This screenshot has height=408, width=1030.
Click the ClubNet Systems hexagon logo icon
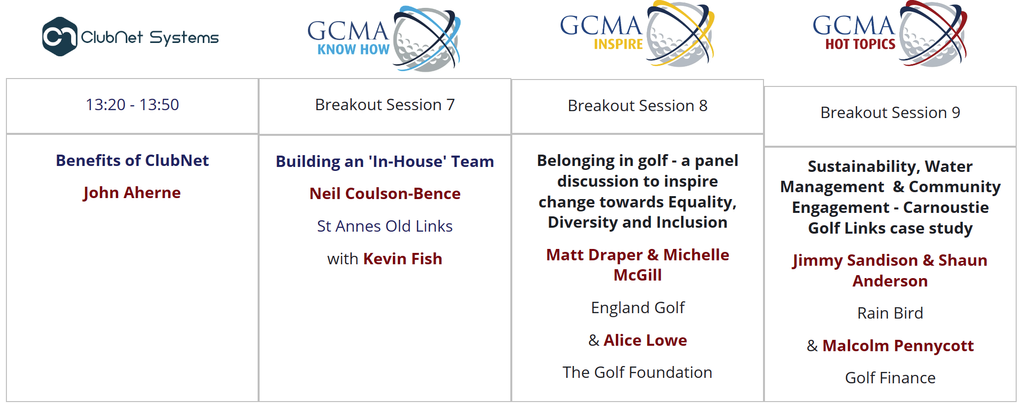tap(60, 37)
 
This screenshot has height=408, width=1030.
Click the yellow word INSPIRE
tap(618, 44)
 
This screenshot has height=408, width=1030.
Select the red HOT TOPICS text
tap(860, 44)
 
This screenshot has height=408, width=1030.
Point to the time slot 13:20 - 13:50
tap(132, 105)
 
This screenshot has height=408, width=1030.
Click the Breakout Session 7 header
tap(385, 105)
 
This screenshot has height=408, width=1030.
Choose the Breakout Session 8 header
tap(638, 106)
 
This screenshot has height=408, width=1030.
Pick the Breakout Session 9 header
tap(890, 113)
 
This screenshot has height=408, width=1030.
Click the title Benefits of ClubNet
tap(132, 161)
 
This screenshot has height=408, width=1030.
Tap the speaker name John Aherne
tap(132, 193)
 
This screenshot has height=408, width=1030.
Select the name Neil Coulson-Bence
tap(385, 194)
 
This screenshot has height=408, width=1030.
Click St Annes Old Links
tap(385, 226)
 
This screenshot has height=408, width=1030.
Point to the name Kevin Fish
tap(403, 259)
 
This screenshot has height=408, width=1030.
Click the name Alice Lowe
tap(645, 340)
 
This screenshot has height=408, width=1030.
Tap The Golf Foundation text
tap(638, 372)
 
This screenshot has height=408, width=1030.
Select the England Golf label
tap(638, 308)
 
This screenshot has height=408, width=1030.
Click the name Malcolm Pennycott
tap(898, 346)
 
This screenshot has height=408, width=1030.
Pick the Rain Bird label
tap(890, 313)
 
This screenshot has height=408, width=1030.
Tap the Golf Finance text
tap(890, 378)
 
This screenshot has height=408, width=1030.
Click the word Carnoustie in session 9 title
tap(946, 207)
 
